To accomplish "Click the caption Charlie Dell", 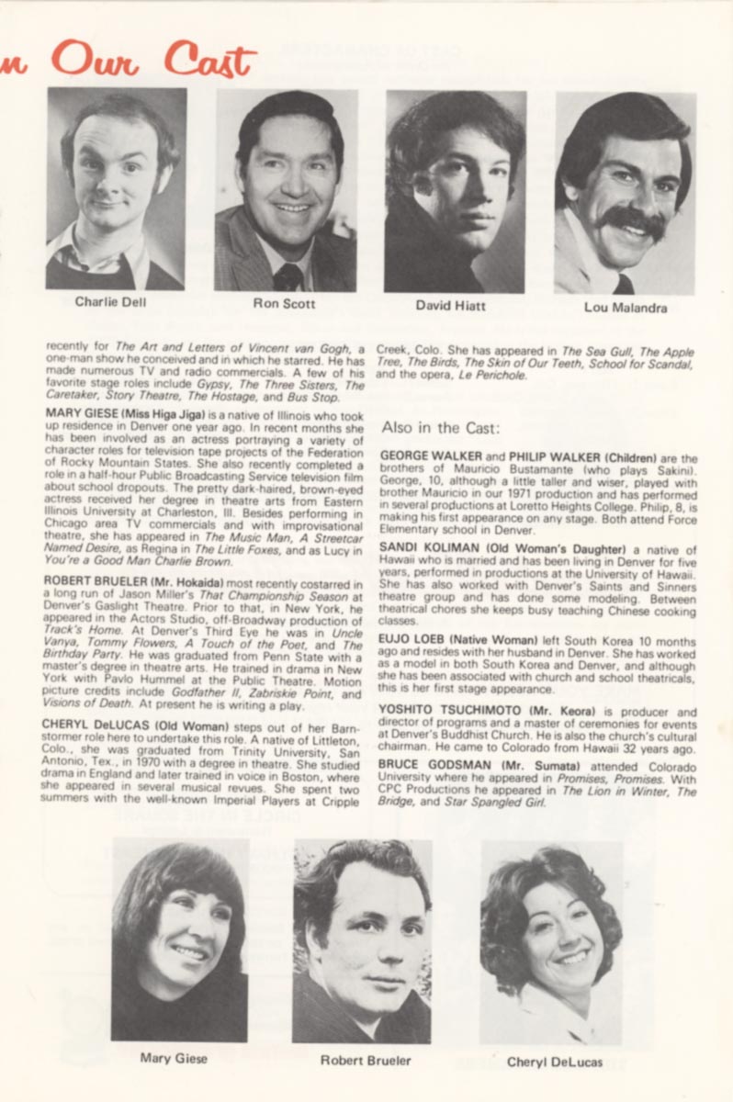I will click(x=109, y=300).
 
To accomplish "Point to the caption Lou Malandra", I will click(x=625, y=308).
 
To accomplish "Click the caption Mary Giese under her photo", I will click(x=174, y=1058).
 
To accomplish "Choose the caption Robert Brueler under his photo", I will click(x=366, y=1061).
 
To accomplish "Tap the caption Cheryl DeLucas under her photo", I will click(x=555, y=1062).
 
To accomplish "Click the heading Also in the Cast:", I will click(x=440, y=427).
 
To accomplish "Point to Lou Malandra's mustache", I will click(x=634, y=220).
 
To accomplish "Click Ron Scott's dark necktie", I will click(x=287, y=276).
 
